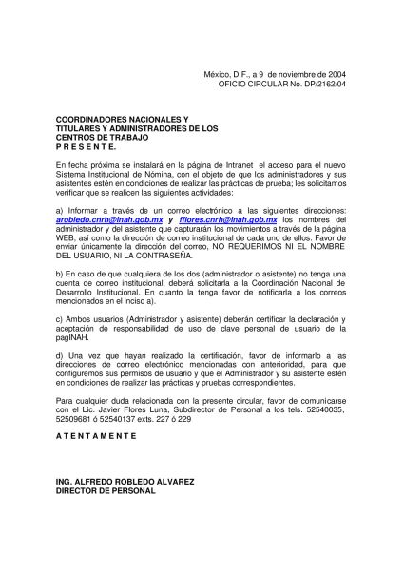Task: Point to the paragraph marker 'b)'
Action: coord(60,272)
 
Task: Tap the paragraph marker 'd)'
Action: coord(60,354)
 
